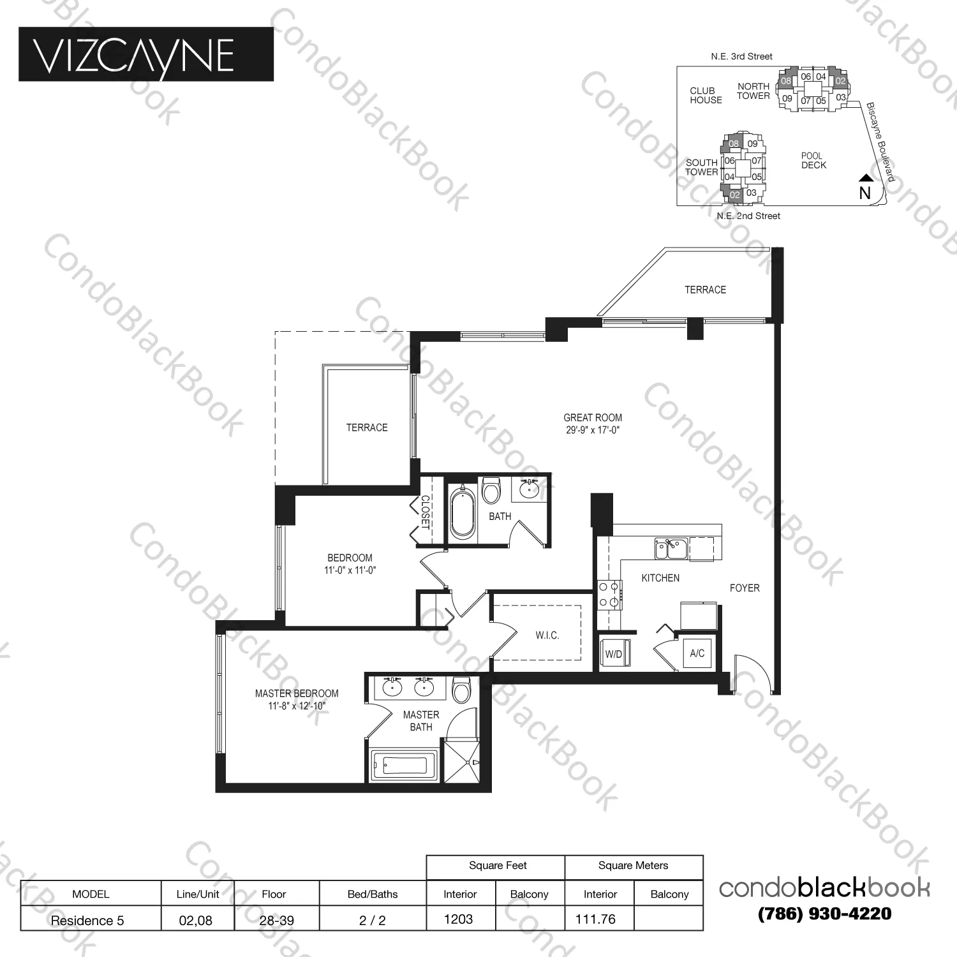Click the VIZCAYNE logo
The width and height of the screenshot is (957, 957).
click(x=146, y=54)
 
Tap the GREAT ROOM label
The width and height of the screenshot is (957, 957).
click(x=592, y=418)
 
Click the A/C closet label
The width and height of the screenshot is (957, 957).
click(x=697, y=653)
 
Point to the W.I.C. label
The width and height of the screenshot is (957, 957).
click(x=547, y=635)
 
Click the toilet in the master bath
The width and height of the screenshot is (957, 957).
click(x=461, y=690)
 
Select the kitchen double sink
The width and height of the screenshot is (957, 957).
click(x=670, y=548)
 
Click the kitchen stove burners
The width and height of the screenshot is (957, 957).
click(x=609, y=594)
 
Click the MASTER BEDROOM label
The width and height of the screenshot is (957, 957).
click(x=297, y=694)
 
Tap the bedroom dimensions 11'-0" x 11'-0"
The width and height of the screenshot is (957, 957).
click(x=350, y=570)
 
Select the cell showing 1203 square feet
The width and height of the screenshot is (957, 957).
click(x=459, y=919)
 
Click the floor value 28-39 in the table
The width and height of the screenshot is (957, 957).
click(x=276, y=920)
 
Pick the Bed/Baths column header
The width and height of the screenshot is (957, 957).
click(x=372, y=894)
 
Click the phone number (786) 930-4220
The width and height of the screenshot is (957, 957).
click(x=824, y=914)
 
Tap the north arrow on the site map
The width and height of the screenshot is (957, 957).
click(x=864, y=179)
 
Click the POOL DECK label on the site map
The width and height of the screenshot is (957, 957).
click(x=813, y=160)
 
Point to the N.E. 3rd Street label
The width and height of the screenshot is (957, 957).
click(x=741, y=56)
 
